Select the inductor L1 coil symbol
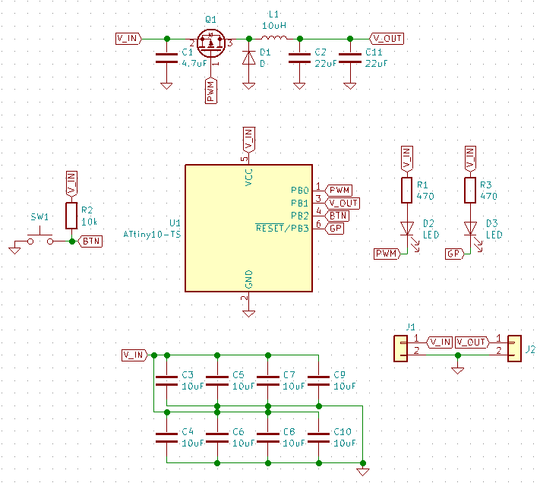[275, 38]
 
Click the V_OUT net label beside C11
[387, 38]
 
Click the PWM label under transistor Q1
[211, 90]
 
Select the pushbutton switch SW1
[40, 239]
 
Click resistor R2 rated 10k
[71, 215]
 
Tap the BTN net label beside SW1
[90, 241]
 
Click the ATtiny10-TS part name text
[152, 235]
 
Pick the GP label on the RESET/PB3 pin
[335, 229]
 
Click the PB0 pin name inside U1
[299, 190]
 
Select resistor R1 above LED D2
[406, 191]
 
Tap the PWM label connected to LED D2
[387, 254]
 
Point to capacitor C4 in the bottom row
[166, 437]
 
